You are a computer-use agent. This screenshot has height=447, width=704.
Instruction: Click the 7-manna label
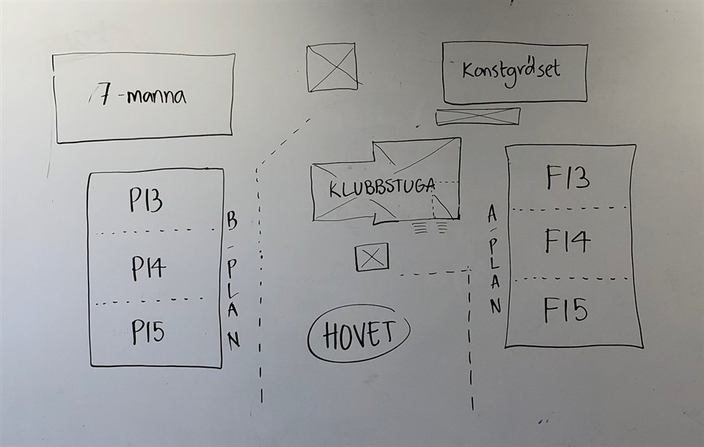pyautogui.click(x=144, y=96)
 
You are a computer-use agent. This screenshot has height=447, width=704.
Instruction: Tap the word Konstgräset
pyautogui.click(x=511, y=70)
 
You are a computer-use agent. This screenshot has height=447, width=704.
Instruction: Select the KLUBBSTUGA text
pyautogui.click(x=381, y=186)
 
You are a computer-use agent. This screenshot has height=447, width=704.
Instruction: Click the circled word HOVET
pyautogui.click(x=359, y=334)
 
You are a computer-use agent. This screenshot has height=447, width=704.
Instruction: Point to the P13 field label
pyautogui.click(x=146, y=200)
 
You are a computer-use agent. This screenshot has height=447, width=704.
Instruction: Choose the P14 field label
pyautogui.click(x=148, y=268)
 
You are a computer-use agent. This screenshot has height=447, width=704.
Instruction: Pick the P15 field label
pyautogui.click(x=148, y=332)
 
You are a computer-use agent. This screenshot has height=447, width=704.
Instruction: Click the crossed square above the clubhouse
pyautogui.click(x=332, y=68)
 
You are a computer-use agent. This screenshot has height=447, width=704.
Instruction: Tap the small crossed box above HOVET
pyautogui.click(x=372, y=258)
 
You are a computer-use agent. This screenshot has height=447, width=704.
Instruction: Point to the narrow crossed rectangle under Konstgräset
pyautogui.click(x=477, y=116)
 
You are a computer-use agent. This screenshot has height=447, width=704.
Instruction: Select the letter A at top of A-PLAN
pyautogui.click(x=492, y=214)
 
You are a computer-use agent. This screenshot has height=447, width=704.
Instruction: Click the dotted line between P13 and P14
pyautogui.click(x=154, y=233)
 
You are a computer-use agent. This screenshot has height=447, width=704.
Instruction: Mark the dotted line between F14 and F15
pyautogui.click(x=571, y=279)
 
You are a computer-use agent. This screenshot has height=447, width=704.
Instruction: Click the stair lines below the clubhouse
pyautogui.click(x=431, y=227)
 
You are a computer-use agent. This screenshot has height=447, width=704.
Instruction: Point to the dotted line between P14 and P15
pyautogui.click(x=150, y=300)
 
